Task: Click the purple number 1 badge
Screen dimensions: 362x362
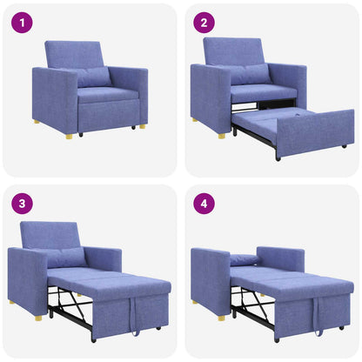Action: click(x=23, y=23)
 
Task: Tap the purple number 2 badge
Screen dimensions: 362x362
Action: click(x=204, y=23)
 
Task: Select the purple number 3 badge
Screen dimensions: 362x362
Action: click(x=23, y=204)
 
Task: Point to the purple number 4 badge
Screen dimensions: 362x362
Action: click(x=204, y=204)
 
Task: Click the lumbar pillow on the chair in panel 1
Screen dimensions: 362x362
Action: click(x=92, y=77)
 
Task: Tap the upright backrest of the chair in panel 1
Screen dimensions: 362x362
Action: click(x=73, y=54)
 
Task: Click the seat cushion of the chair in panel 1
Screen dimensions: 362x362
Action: click(x=108, y=94)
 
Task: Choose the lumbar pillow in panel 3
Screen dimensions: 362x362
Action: click(x=66, y=258)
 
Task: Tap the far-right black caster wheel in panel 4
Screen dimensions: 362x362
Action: click(x=341, y=328)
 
